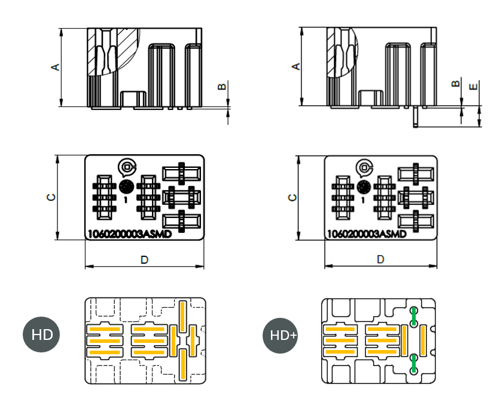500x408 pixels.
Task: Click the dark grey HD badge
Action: [42, 335]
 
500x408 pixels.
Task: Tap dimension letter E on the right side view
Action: [474, 87]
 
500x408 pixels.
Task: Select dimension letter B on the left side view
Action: [222, 87]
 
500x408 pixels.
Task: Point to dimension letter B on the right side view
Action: [456, 84]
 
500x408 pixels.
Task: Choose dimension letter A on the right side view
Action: [295, 67]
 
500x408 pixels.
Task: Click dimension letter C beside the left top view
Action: [52, 197]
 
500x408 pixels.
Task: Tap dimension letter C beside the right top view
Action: [292, 197]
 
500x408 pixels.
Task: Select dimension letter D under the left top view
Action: [144, 259]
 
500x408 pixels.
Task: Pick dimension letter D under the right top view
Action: [380, 259]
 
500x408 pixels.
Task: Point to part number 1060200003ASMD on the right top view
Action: [366, 234]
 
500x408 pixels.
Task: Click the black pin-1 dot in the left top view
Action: [126, 186]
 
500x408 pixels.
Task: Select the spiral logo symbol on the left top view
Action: [127, 167]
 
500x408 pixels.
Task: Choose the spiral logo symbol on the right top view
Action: [364, 167]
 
